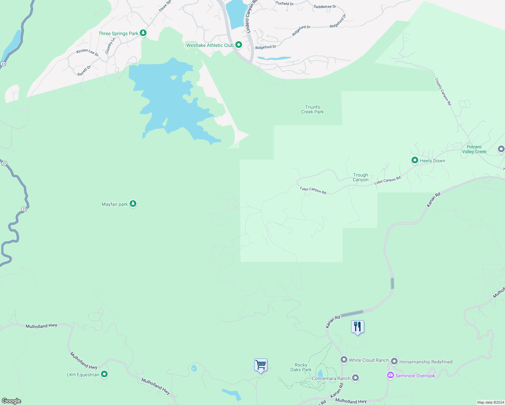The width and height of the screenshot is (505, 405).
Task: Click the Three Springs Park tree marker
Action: coord(143,33)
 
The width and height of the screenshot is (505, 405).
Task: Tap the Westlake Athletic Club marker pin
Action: coord(239,45)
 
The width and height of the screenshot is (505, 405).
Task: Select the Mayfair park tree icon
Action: coord(133,204)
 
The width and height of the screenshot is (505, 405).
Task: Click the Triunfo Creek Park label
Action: coord(312,109)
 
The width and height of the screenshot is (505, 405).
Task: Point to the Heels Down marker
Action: coord(415,160)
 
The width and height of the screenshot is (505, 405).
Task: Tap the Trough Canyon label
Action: coord(361,177)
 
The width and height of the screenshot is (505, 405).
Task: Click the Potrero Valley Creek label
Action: coord(474,149)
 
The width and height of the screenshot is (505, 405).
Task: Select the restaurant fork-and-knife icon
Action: coord(357,327)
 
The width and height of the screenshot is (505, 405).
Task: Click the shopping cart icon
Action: coord(261,365)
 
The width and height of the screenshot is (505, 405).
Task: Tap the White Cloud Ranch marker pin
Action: coord(344,360)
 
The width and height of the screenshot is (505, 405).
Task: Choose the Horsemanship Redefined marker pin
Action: coord(394,361)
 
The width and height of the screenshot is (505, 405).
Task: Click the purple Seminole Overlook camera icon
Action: coord(391,375)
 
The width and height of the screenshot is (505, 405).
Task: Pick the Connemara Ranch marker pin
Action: coord(355,378)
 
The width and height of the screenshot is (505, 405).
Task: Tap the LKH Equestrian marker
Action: coord(104,374)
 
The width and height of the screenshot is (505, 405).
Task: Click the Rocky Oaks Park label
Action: coord(301,367)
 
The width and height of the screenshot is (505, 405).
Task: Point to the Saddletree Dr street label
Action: coord(325,6)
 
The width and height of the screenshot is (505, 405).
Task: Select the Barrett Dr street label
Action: coord(84,71)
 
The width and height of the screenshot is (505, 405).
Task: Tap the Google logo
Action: coord(11,401)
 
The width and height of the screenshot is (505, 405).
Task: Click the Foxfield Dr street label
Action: coord(285,4)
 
